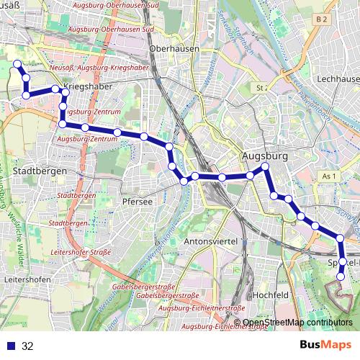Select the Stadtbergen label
point(40,171)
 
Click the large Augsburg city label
point(265,156)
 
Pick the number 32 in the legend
point(27,346)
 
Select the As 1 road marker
point(330,176)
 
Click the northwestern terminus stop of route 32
point(17,65)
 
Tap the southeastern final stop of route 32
point(341,275)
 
